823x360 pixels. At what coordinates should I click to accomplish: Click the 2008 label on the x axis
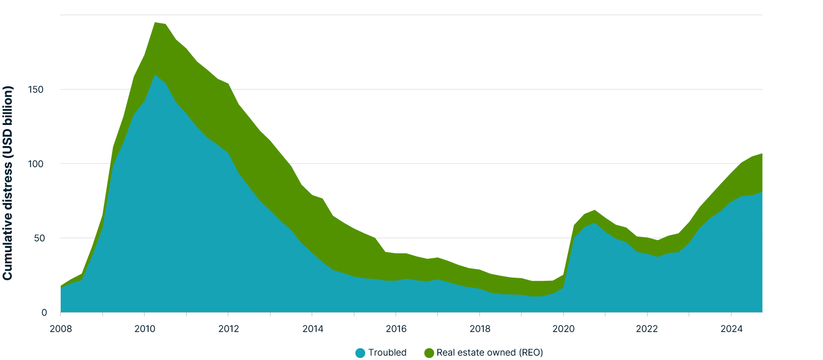point(61,329)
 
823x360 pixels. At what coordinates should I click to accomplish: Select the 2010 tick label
point(145,329)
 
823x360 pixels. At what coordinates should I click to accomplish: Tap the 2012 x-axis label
point(228,329)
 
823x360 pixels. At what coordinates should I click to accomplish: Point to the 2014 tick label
point(312,329)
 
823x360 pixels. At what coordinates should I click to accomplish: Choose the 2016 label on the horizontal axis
point(396,329)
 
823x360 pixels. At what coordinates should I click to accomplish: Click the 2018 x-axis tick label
point(480,329)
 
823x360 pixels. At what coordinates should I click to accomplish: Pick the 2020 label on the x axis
point(564,329)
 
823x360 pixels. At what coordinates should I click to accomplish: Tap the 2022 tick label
point(647,329)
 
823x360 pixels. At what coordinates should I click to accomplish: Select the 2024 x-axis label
point(731,329)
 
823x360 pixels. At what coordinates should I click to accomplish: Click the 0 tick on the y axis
point(44,313)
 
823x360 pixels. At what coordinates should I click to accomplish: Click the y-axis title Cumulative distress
point(8,183)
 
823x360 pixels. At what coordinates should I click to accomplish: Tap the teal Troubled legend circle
point(360,353)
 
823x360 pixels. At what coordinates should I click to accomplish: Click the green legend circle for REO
point(429,353)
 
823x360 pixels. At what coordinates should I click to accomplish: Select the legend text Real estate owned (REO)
point(490,353)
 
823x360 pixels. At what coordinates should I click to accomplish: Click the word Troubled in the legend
point(387,353)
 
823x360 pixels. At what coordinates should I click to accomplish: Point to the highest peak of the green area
point(155,23)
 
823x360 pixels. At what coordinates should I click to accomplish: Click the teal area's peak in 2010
point(155,75)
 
